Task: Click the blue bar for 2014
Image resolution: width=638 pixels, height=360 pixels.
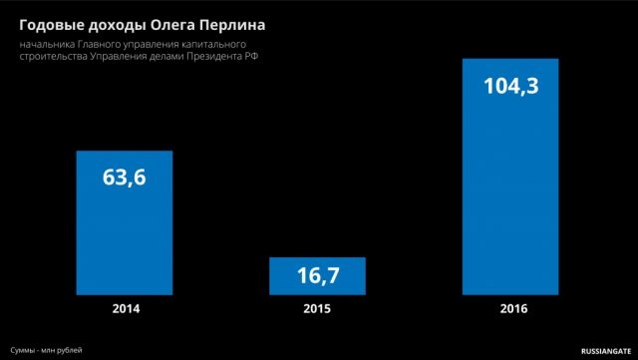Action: point(125,222)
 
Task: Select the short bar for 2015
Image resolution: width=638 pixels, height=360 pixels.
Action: point(317,276)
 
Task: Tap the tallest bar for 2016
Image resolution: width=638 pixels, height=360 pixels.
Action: point(510,177)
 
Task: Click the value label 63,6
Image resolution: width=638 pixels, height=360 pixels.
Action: point(124,178)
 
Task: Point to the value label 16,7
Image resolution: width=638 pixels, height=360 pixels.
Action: point(318,275)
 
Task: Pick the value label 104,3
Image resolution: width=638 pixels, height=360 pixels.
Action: point(511,87)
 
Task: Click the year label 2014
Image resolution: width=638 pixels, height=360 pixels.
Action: point(127,309)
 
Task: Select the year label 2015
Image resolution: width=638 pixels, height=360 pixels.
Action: point(317,309)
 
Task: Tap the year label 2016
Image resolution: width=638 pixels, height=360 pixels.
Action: point(513,309)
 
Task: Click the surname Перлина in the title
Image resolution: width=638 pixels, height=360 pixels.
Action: point(232,26)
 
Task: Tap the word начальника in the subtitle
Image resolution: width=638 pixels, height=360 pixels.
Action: point(47,44)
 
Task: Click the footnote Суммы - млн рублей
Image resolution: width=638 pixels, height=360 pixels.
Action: point(47,350)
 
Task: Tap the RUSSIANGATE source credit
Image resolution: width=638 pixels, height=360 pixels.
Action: point(606,351)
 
